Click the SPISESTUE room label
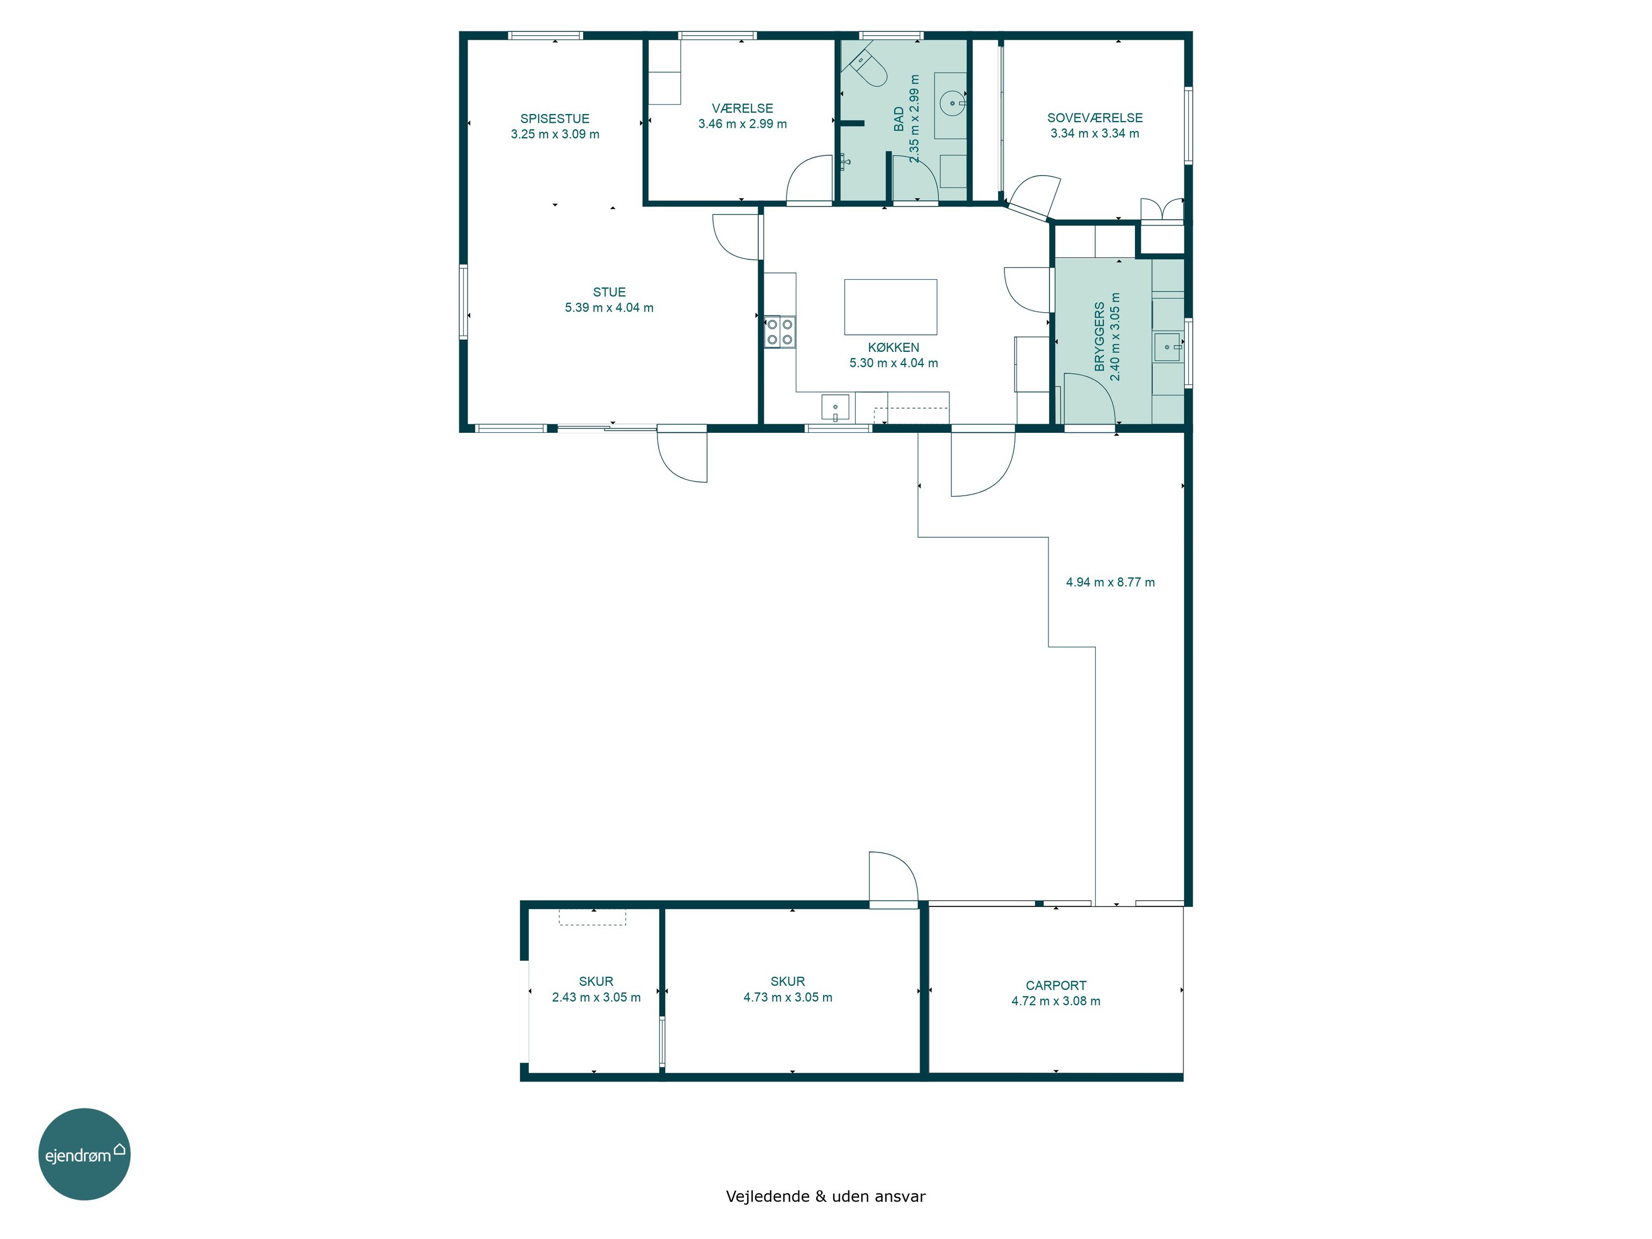[555, 119]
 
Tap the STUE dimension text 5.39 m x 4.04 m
[610, 308]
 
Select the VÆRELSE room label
[742, 108]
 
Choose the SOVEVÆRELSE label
[1095, 118]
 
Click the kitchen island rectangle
[890, 307]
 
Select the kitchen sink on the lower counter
[835, 408]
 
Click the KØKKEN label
[893, 348]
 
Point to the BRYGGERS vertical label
[1099, 337]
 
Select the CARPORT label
[1056, 986]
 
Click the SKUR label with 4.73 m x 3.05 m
[788, 982]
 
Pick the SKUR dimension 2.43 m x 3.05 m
[596, 998]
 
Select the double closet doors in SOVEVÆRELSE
[1162, 210]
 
